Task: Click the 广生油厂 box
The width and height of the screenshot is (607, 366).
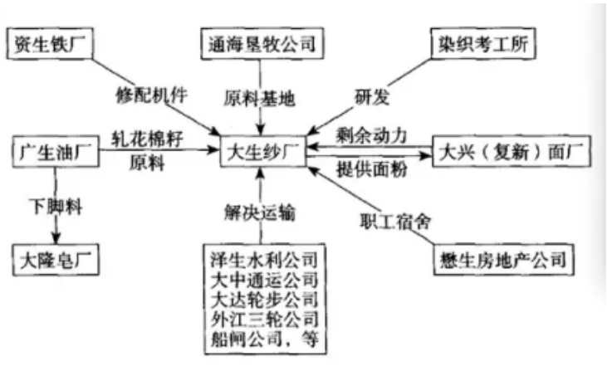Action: [51, 154]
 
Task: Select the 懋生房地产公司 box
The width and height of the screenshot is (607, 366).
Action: [501, 260]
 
